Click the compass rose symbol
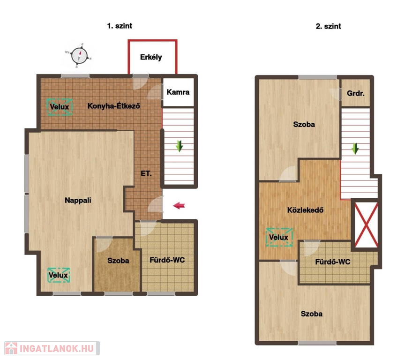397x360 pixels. [79, 56]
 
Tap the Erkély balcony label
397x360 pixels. [151, 57]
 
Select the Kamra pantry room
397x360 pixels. [178, 92]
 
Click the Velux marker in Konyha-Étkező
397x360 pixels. [60, 107]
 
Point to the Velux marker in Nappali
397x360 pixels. [59, 275]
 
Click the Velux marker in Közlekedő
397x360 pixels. [279, 237]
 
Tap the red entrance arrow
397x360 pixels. [179, 206]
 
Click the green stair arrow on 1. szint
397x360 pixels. [179, 146]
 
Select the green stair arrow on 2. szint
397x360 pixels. [355, 149]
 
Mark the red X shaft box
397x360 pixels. [366, 225]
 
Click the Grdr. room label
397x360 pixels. [355, 93]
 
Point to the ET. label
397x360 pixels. [146, 173]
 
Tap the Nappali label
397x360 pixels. [78, 200]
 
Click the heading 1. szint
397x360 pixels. [120, 26]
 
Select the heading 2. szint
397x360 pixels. [329, 26]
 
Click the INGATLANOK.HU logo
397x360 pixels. [52, 348]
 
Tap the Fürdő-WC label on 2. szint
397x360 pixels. [333, 262]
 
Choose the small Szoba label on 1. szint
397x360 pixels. [118, 261]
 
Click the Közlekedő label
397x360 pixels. [305, 210]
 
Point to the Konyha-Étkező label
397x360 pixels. [114, 106]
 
